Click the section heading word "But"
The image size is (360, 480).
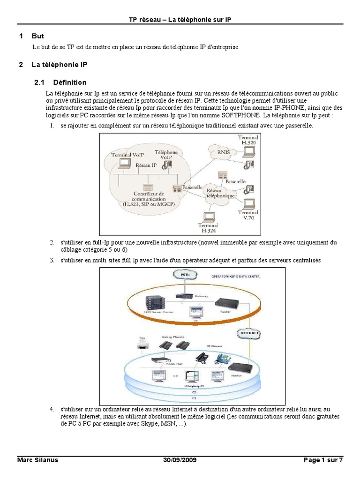pos(37,36)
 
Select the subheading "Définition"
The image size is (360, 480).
pos(70,82)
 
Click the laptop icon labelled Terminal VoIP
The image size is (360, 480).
pos(125,163)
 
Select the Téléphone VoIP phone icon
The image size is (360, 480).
pos(168,163)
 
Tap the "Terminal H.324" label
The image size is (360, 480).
pos(207,228)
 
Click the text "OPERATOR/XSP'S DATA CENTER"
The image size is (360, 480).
pos(235,277)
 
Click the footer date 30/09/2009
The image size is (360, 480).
pos(180,460)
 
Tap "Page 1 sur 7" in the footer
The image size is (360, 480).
pos(323,460)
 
